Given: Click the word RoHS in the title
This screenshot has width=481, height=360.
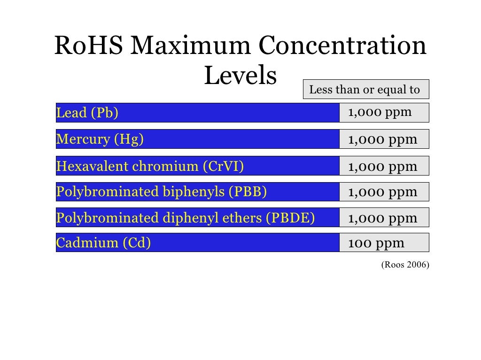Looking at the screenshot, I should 89,47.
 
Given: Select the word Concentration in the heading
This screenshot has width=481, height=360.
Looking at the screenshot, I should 342,47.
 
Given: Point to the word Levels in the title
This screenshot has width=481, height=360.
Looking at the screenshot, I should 240,76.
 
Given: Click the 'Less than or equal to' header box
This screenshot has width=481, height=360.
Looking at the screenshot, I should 365,90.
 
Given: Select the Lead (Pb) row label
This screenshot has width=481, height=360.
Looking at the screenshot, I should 87,113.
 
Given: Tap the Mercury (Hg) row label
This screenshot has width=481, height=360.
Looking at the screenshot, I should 100,139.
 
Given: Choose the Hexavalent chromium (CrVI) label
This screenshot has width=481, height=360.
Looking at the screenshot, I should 150,166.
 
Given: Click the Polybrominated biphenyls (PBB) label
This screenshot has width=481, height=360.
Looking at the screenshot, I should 162,192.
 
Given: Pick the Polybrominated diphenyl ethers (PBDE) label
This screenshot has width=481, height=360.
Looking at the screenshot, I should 186,218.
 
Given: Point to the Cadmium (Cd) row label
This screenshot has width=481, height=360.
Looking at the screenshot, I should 103,243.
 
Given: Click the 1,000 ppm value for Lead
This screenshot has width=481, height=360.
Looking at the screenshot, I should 380,113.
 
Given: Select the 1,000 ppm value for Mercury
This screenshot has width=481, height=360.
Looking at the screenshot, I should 382,139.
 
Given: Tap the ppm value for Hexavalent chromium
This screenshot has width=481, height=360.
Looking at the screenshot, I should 382,166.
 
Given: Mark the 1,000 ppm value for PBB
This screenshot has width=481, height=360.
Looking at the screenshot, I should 382,192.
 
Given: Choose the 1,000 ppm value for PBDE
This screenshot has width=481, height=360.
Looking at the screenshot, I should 382,218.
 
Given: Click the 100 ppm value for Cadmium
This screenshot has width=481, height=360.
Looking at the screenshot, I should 376,243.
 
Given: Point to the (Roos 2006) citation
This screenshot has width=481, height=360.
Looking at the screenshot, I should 404,265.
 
